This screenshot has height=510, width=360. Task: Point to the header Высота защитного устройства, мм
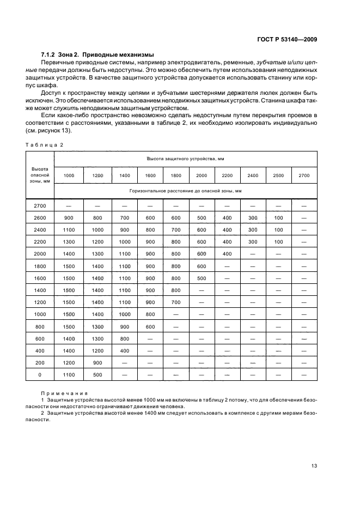point(185,158)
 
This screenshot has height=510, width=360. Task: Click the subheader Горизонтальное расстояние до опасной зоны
point(185,191)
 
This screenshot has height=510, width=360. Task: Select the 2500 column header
point(278,175)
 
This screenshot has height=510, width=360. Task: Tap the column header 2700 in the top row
point(304,175)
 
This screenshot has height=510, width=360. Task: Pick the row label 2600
point(40,218)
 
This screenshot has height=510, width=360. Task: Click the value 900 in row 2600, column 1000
point(69,218)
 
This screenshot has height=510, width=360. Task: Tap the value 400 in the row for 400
point(125,350)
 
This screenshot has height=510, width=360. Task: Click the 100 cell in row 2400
point(278,230)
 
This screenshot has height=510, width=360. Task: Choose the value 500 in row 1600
point(202,277)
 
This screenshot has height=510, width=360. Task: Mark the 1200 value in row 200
point(69,363)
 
